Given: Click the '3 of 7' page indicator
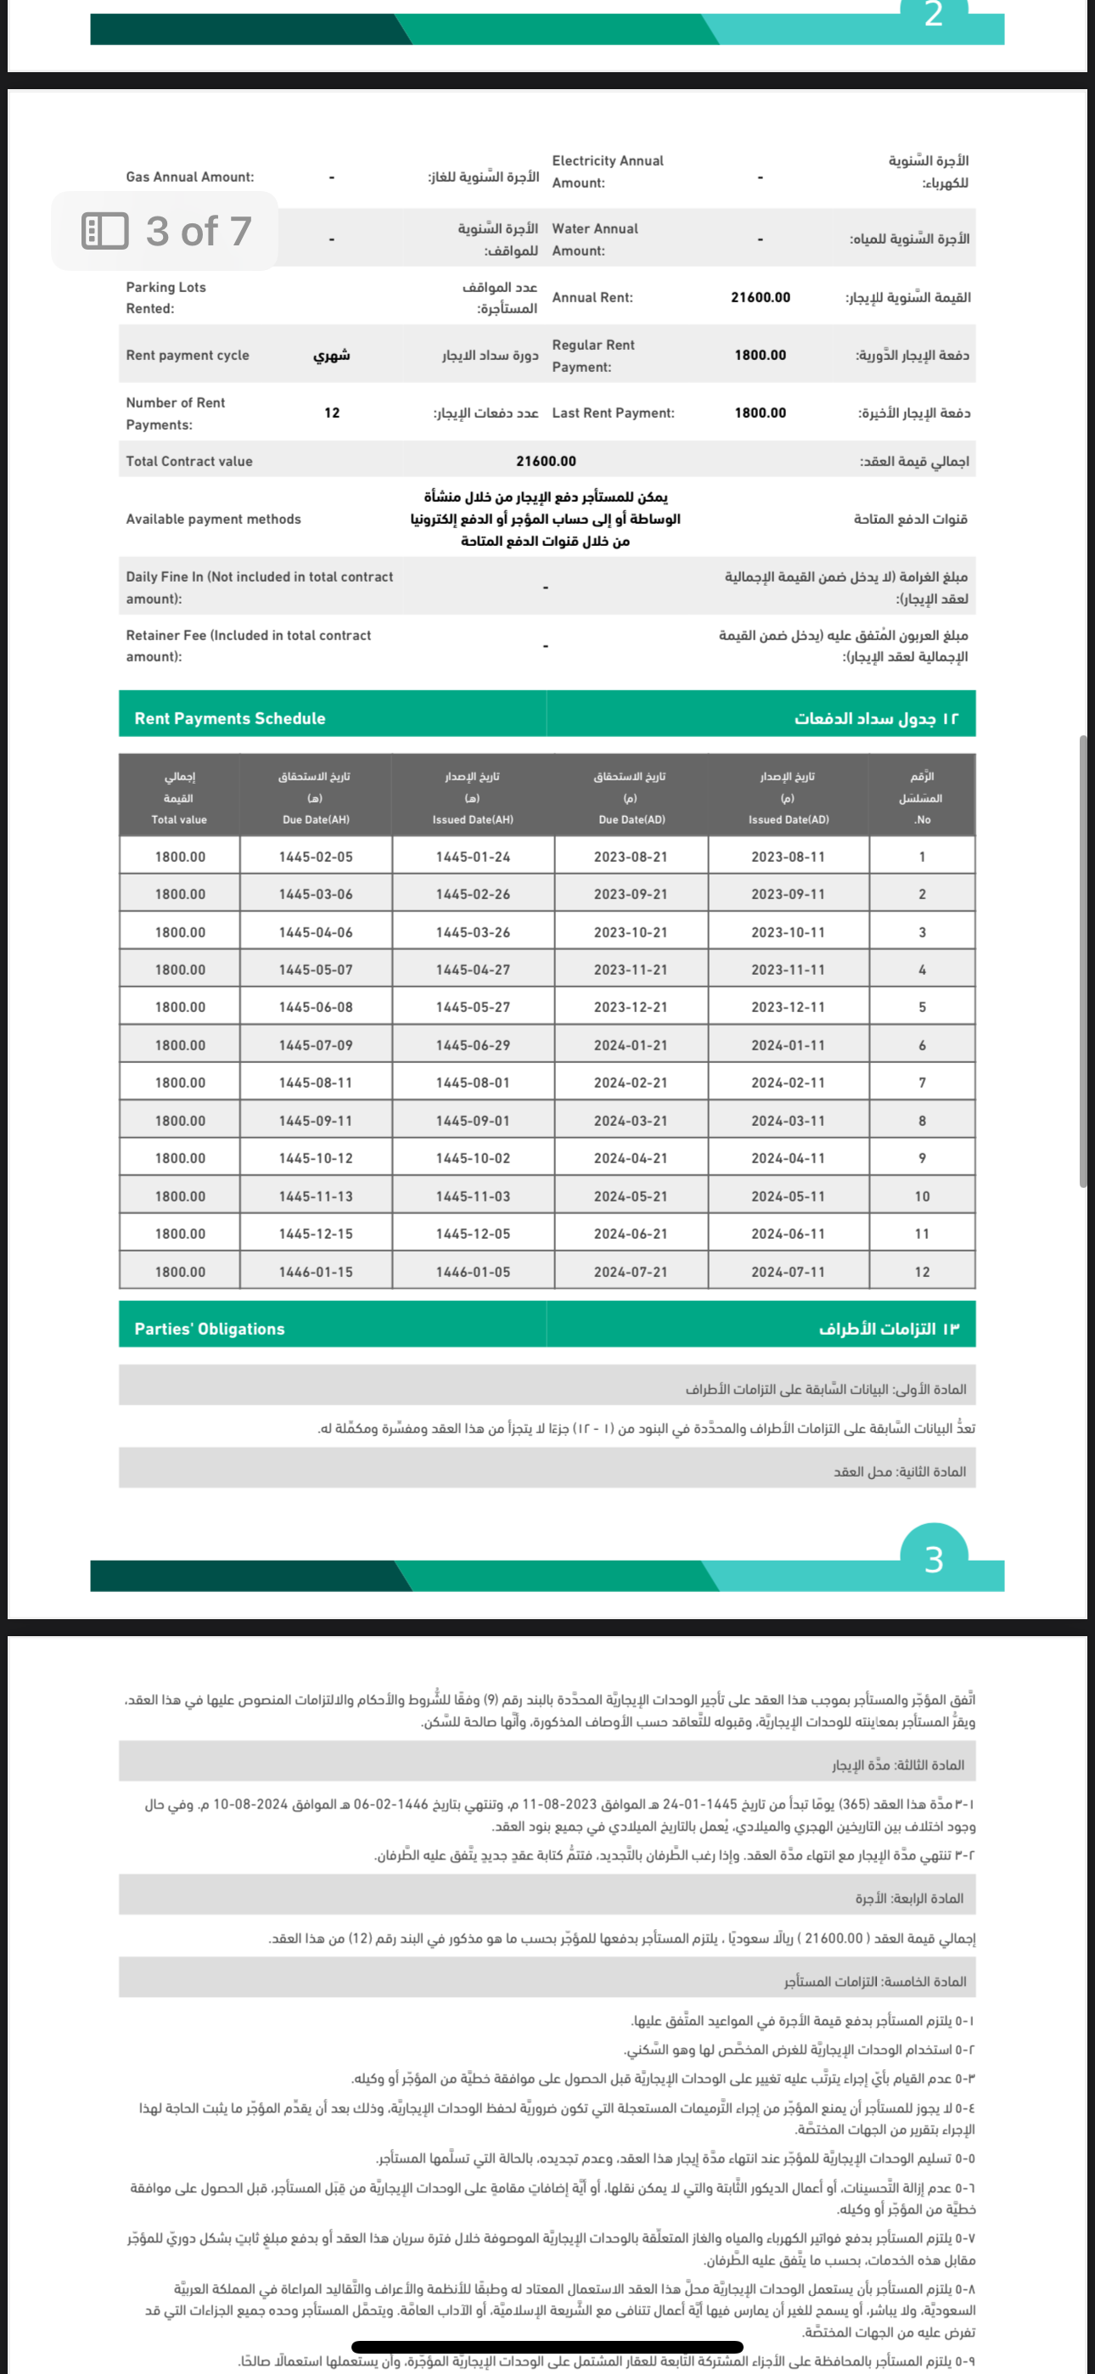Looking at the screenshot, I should [x=166, y=231].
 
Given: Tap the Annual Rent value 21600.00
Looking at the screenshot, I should [x=761, y=298].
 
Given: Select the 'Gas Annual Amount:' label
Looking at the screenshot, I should [x=190, y=177].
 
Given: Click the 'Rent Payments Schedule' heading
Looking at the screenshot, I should [x=229, y=719].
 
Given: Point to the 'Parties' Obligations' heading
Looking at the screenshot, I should [x=209, y=1329].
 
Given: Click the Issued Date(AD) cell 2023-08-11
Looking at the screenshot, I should [x=788, y=857].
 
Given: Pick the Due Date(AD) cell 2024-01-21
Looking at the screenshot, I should [x=631, y=1045].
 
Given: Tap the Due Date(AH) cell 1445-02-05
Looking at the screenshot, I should [x=315, y=857].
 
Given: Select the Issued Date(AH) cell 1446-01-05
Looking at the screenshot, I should [x=473, y=1272].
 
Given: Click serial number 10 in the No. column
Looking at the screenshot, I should [x=922, y=1196].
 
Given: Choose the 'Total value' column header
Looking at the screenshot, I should [x=179, y=819].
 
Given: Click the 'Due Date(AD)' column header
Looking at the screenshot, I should [x=632, y=819].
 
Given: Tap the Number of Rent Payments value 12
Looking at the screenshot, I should [x=332, y=413].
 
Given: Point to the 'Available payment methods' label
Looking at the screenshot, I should [x=213, y=520].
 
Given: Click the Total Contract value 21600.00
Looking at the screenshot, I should [x=546, y=461].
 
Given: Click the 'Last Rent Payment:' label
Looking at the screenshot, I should [x=613, y=413].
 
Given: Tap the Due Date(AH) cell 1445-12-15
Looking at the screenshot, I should [x=315, y=1234].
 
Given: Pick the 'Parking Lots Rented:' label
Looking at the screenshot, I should [x=166, y=298].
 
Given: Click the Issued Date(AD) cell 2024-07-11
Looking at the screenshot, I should [x=788, y=1272].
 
